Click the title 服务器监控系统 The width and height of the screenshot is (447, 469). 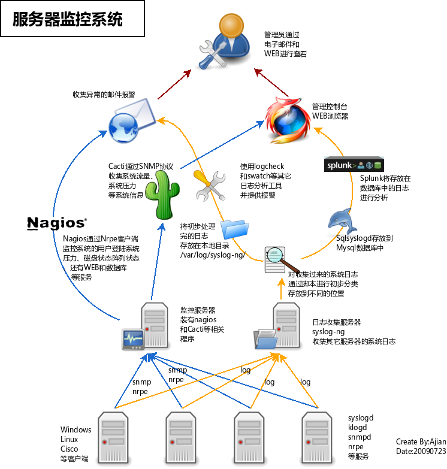[68, 20]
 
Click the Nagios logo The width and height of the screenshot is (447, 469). [58, 223]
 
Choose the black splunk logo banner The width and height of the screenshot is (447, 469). [354, 165]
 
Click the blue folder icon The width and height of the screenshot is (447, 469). [235, 229]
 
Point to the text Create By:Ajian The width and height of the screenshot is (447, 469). [421, 442]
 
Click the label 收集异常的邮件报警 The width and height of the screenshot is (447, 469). [104, 95]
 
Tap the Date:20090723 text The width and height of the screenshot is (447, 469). [421, 451]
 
